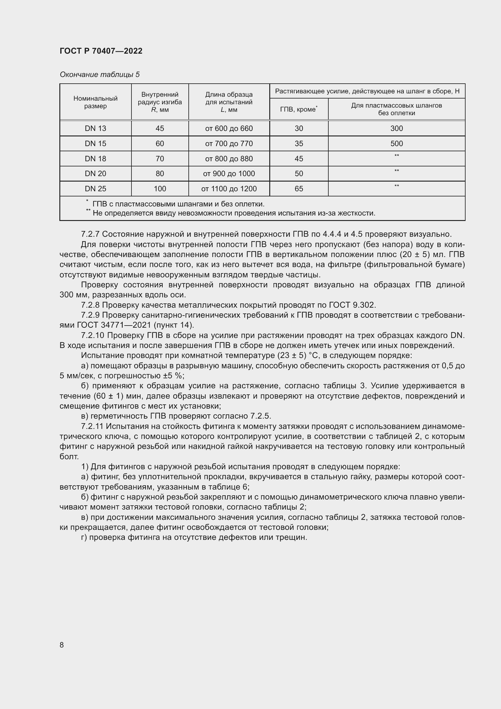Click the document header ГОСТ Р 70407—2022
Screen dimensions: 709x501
(x=101, y=51)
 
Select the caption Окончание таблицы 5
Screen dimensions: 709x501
(x=99, y=75)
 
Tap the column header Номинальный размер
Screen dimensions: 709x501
(x=95, y=102)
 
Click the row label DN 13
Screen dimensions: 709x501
(x=95, y=129)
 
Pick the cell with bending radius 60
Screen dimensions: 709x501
(x=160, y=144)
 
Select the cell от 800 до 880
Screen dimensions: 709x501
(x=229, y=159)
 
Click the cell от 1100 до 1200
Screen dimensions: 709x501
(x=229, y=189)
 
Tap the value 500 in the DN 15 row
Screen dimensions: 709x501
(x=396, y=144)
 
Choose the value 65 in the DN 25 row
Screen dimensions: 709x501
(x=299, y=189)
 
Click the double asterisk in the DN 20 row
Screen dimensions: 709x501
(x=396, y=171)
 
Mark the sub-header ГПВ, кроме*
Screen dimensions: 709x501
(x=299, y=109)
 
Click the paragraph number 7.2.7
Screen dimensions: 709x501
(x=90, y=234)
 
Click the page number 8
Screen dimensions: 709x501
(x=62, y=645)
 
